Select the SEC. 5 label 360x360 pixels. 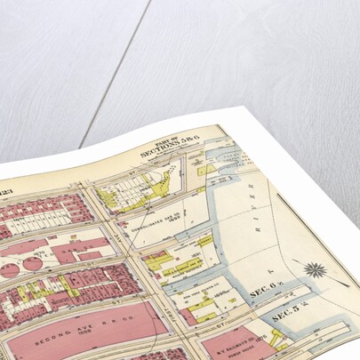pos(288,314)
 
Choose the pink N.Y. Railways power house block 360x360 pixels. pos(227,342)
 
